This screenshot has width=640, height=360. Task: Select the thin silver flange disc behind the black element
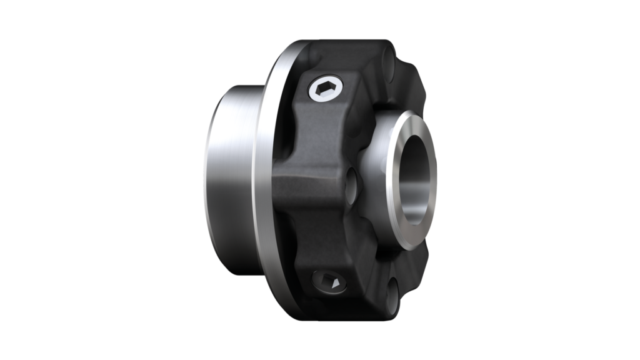click(265, 181)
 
